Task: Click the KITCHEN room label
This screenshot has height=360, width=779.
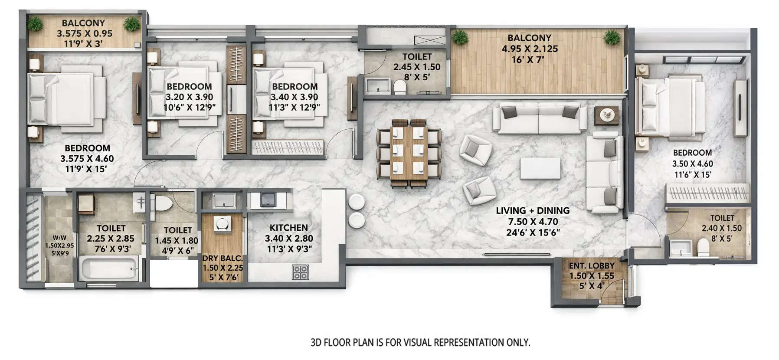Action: [x=288, y=228]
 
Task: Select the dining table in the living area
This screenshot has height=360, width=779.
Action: [x=409, y=154]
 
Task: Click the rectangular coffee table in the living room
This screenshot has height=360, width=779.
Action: [x=540, y=168]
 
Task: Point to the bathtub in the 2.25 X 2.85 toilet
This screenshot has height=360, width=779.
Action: [x=109, y=268]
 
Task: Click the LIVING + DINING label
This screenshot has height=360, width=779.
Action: [x=533, y=211]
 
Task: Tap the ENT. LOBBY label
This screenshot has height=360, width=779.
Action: [x=592, y=265]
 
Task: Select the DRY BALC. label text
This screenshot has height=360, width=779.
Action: [x=223, y=258]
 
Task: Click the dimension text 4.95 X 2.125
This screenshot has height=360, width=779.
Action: [x=530, y=49]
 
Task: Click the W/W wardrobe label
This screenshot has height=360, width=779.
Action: [x=59, y=238]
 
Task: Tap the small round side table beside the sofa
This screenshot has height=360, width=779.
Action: [x=606, y=115]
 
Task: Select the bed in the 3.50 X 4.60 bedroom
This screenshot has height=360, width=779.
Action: [x=668, y=105]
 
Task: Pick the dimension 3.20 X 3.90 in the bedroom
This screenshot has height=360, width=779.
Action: [x=189, y=97]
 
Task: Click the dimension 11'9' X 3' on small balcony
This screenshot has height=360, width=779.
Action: [x=83, y=43]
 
